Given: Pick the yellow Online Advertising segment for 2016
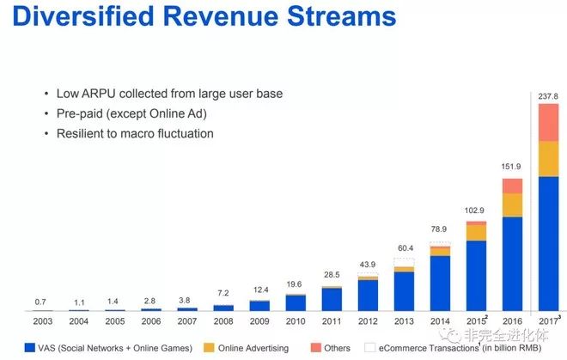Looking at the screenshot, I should [512, 204].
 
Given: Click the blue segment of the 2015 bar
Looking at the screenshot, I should [476, 275].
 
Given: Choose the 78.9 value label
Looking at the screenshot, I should [440, 229].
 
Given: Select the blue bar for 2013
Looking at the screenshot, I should [404, 290].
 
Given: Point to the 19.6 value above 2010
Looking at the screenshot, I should [295, 284].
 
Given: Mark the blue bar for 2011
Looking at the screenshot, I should [331, 298].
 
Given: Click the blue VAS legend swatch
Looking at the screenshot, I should [30, 348].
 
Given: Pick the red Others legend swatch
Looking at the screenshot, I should [314, 348].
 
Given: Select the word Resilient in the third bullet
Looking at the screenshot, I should [84, 133].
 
